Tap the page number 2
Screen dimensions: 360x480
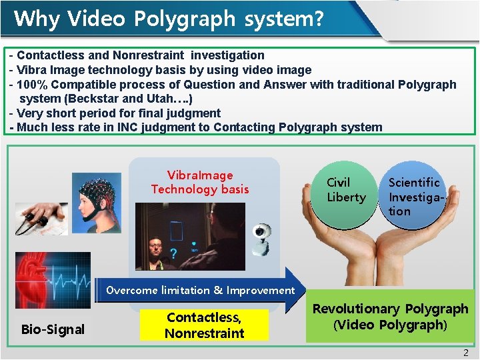coord(466,353)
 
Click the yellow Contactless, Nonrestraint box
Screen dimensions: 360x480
coord(204,325)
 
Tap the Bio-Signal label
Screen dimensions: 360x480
coord(53,329)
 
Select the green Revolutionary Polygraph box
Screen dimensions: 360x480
coord(390,317)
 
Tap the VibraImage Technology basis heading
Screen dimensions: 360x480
coord(199,182)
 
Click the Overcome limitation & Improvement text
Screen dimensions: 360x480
coord(200,290)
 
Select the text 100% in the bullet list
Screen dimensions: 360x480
coord(33,85)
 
